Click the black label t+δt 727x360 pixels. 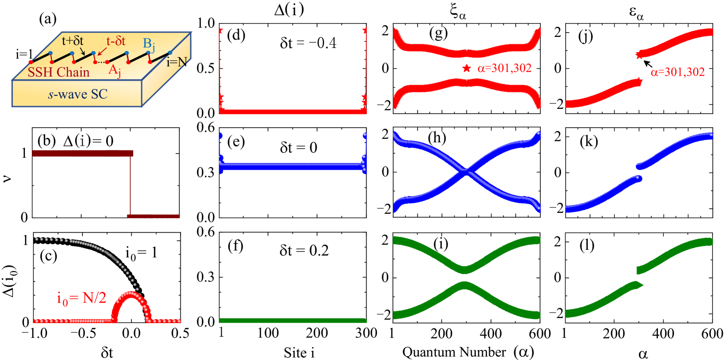tap(72, 41)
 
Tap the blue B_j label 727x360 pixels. tap(149, 44)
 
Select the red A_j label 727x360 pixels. tap(114, 71)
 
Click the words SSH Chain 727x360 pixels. tap(59, 72)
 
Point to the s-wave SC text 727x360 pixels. tap(77, 94)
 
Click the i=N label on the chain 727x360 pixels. tap(177, 62)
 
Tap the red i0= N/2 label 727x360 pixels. tap(81, 298)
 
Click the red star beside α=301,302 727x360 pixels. tap(467, 68)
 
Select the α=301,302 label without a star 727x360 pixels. tap(677, 72)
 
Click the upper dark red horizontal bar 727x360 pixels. tap(83, 153)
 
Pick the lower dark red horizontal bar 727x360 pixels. tap(154, 216)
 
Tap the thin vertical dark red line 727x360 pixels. tap(130, 184)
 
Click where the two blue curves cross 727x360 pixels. tap(466, 172)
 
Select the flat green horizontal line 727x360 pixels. tap(293, 320)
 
